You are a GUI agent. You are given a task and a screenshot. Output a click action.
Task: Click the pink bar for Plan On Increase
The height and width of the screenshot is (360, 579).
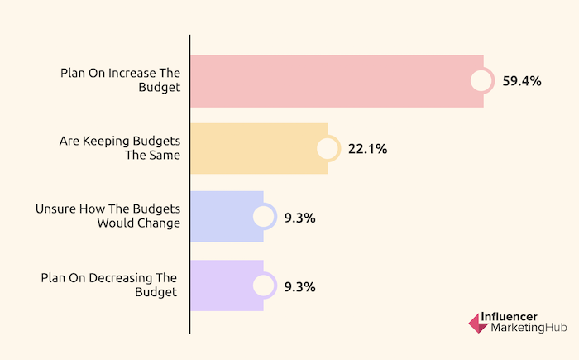pyautogui.click(x=331, y=81)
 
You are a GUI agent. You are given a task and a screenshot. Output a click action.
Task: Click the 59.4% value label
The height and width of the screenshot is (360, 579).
pyautogui.click(x=522, y=81)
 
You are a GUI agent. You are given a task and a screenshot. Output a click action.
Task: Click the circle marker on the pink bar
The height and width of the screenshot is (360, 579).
pyautogui.click(x=482, y=81)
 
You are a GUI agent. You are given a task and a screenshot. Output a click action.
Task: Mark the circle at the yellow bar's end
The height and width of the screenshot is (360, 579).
pyautogui.click(x=328, y=149)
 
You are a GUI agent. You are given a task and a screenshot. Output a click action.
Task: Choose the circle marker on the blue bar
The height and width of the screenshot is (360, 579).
pyautogui.click(x=263, y=217)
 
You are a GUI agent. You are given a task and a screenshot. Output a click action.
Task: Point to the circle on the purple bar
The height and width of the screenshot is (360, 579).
pyautogui.click(x=263, y=286)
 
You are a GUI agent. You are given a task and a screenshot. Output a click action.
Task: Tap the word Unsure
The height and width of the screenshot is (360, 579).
pyautogui.click(x=55, y=209)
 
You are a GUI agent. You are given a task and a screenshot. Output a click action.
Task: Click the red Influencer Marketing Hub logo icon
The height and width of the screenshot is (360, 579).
pyautogui.click(x=479, y=323)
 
